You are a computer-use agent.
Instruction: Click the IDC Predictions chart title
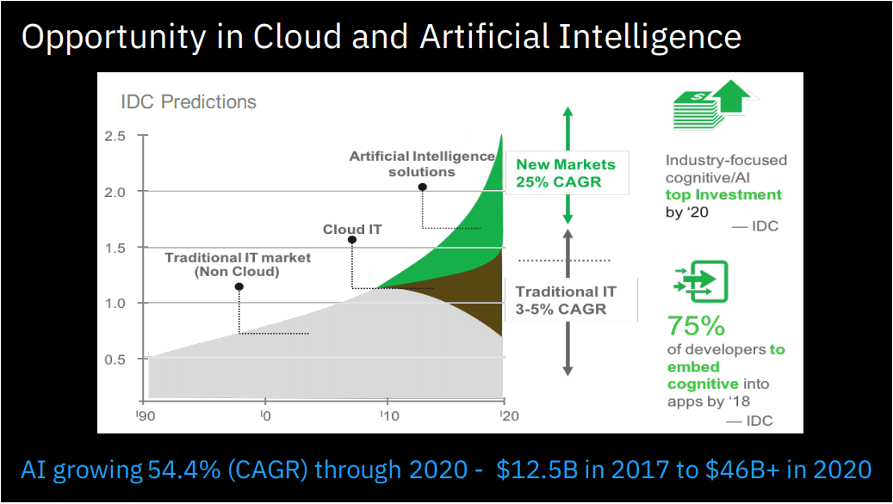188,101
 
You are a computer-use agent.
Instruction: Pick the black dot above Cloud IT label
352,240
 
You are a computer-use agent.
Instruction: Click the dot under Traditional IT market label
239,286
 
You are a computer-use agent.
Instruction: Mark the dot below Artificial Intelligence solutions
422,187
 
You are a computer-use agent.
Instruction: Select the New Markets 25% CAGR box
566,173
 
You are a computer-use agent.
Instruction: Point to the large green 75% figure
697,327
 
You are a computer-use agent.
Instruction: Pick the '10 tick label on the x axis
387,415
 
